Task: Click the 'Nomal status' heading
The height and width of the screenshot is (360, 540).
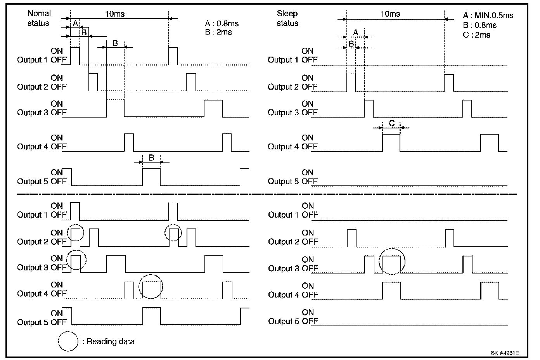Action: pos(38,18)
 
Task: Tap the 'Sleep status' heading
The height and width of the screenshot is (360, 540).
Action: pos(287,18)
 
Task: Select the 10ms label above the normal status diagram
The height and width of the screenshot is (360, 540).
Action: pos(115,14)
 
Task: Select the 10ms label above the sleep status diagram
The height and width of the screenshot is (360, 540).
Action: pos(390,14)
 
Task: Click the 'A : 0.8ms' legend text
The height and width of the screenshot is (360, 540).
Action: pos(222,23)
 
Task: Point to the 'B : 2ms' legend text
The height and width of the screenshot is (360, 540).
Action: pos(218,32)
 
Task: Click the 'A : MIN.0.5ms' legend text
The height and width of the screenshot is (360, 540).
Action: pos(488,16)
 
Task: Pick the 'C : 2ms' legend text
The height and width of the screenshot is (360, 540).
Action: pos(476,35)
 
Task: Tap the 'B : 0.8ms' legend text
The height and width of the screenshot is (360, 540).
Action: pos(479,25)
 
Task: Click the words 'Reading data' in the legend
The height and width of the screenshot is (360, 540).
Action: pos(111,341)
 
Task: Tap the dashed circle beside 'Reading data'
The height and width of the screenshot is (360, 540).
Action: pos(69,341)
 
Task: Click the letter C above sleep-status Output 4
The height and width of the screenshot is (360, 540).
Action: pos(392,123)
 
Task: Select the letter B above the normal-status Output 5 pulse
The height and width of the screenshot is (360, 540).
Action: pos(152,158)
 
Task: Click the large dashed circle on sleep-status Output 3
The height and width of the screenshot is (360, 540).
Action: pos(392,261)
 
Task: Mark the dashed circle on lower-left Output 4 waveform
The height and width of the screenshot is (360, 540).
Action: pos(151,286)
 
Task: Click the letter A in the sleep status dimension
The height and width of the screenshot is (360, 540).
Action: pos(355,32)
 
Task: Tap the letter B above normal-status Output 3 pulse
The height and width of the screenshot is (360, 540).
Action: pos(115,43)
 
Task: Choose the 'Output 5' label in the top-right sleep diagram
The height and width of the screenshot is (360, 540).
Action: pos(283,181)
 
